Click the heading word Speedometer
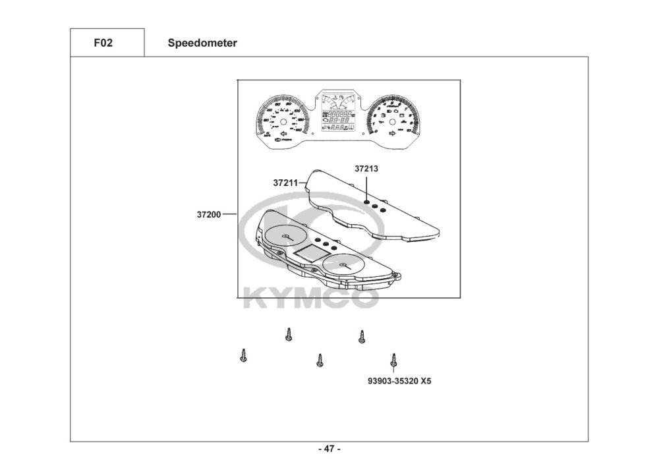(x=202, y=44)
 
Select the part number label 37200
(x=208, y=214)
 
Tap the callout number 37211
(x=285, y=183)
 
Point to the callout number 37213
(x=366, y=169)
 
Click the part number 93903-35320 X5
(x=400, y=381)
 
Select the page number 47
(x=329, y=450)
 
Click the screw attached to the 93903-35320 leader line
(x=393, y=360)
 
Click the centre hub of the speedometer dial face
(x=283, y=123)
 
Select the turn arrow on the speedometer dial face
(x=279, y=136)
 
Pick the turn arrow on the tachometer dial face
(x=392, y=134)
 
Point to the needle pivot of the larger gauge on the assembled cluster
(x=285, y=236)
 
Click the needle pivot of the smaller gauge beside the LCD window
(x=343, y=264)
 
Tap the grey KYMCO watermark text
(x=310, y=297)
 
